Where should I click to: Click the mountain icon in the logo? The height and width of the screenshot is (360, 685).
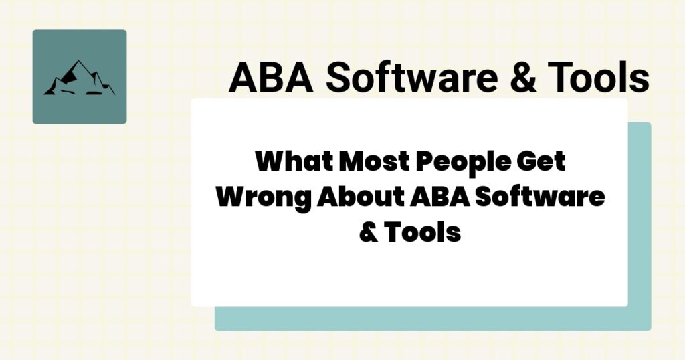pyautogui.click(x=79, y=78)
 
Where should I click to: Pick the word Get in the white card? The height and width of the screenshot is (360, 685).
pyautogui.click(x=542, y=163)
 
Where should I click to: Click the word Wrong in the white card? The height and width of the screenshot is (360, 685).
pyautogui.click(x=264, y=198)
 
